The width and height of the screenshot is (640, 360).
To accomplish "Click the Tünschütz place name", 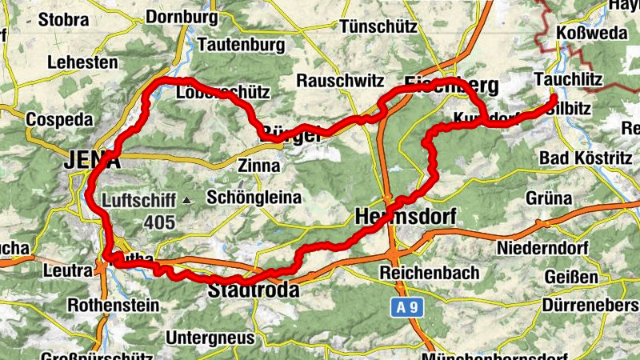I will [378, 26].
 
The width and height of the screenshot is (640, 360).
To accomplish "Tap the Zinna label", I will [259, 166].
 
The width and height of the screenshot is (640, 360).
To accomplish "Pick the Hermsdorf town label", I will [405, 216].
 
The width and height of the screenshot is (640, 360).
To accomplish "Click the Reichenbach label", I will [429, 272].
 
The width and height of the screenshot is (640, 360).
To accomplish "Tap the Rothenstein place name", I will [113, 305].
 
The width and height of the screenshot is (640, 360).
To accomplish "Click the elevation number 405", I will [160, 223].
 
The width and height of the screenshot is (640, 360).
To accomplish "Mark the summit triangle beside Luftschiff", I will [186, 199].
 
